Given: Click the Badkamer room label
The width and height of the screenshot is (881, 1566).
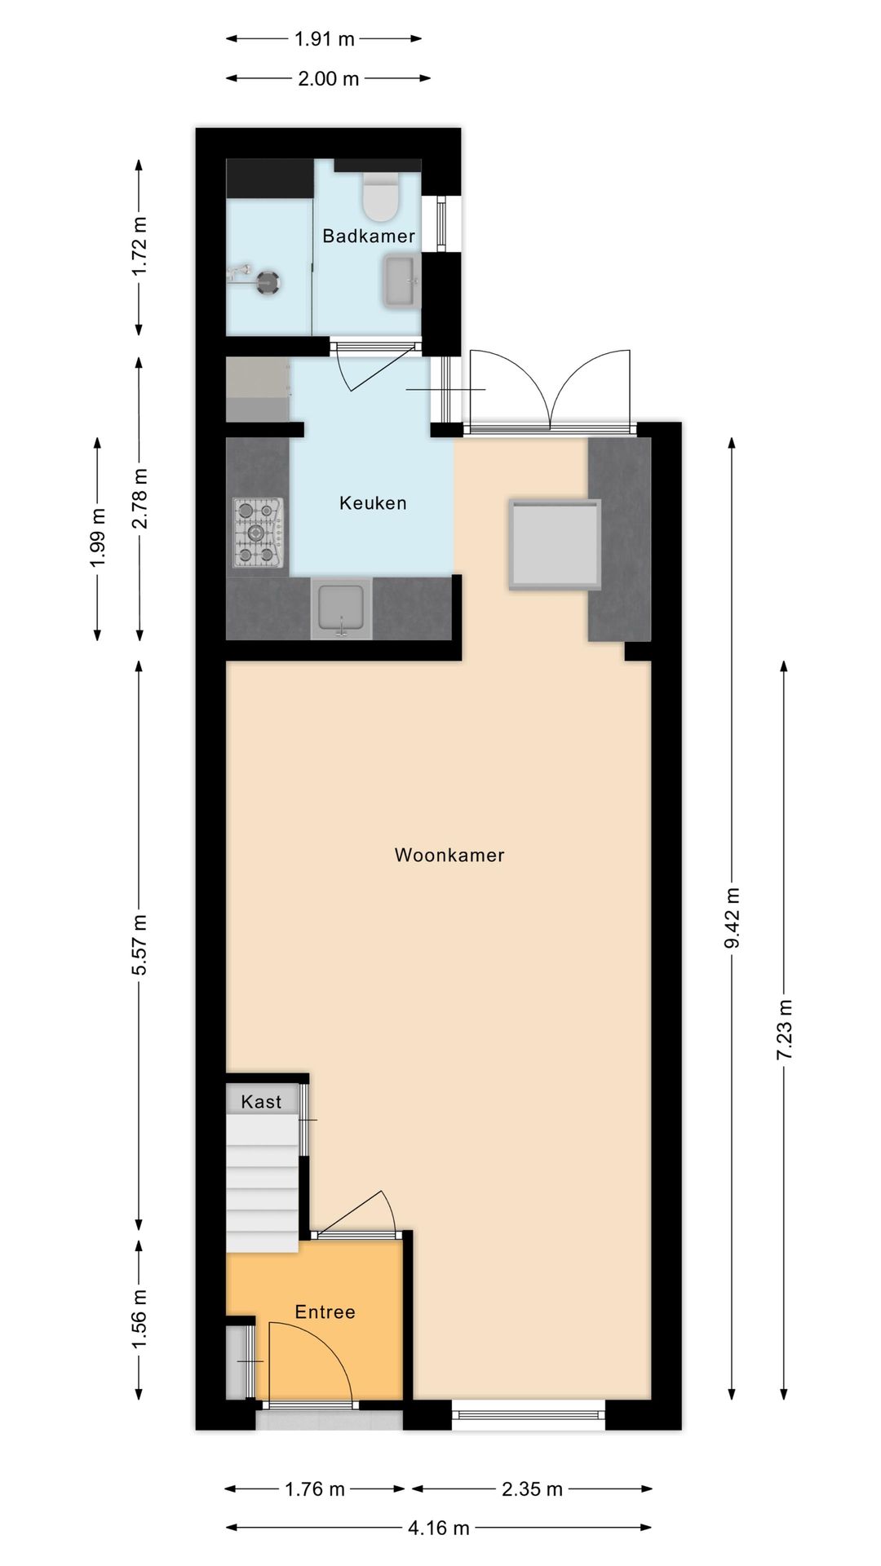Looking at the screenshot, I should pyautogui.click(x=369, y=237).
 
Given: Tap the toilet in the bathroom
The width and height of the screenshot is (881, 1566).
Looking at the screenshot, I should pyautogui.click(x=380, y=199).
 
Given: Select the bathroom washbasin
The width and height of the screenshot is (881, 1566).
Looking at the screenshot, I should pyautogui.click(x=401, y=281).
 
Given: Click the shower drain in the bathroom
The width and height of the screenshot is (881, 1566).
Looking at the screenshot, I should pyautogui.click(x=268, y=283).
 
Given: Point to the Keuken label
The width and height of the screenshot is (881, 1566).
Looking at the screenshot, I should pyautogui.click(x=373, y=503).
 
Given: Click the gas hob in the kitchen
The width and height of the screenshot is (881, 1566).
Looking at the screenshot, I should pyautogui.click(x=259, y=533).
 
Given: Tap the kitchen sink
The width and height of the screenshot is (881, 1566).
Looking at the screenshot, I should pyautogui.click(x=341, y=610).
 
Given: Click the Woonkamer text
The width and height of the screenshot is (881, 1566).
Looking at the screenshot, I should pyautogui.click(x=449, y=856).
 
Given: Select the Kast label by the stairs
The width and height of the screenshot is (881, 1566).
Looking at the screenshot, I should pyautogui.click(x=261, y=1103).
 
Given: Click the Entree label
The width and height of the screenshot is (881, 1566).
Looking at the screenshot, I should pyautogui.click(x=325, y=1312).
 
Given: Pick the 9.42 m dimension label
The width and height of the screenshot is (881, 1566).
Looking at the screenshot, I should pyautogui.click(x=732, y=918).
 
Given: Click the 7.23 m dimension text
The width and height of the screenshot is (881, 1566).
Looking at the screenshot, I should pyautogui.click(x=784, y=1029).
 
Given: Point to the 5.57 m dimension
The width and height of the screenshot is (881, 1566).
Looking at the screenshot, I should pyautogui.click(x=139, y=944).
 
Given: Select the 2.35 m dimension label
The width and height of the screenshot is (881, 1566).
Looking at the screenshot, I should pyautogui.click(x=532, y=1489).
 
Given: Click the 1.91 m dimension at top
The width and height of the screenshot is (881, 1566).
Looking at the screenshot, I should pyautogui.click(x=324, y=38).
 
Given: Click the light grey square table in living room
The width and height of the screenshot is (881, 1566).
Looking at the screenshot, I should pyautogui.click(x=555, y=544).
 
